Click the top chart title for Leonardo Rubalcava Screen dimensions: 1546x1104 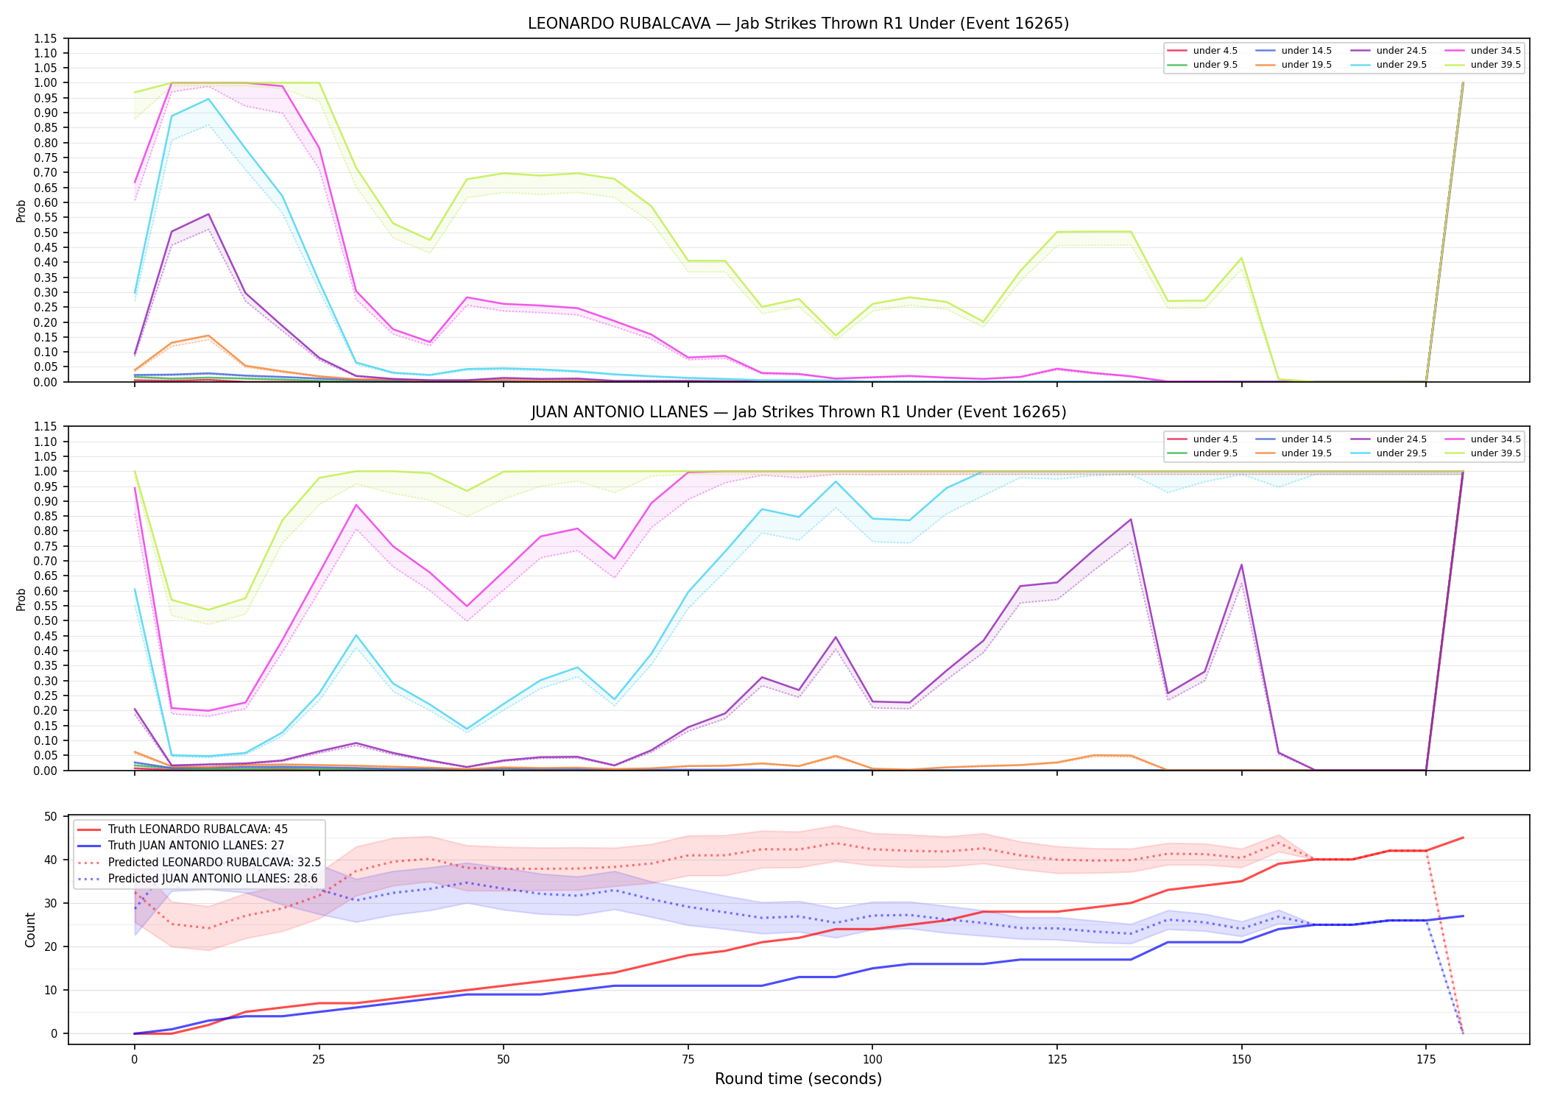point(798,24)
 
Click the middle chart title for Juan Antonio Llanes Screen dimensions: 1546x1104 point(798,412)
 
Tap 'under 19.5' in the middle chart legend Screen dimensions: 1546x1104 point(1306,453)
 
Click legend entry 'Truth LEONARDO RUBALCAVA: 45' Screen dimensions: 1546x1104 point(197,829)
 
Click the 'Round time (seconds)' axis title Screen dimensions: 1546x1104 point(798,1079)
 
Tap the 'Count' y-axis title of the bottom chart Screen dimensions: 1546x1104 point(30,930)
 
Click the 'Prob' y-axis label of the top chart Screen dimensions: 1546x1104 point(21,210)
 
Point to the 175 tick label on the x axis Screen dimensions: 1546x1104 point(1426,1060)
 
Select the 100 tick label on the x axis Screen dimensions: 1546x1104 point(872,1060)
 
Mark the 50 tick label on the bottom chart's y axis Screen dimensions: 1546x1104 point(51,816)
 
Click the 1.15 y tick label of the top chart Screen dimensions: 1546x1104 point(46,38)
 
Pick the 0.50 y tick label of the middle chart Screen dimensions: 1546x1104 point(46,621)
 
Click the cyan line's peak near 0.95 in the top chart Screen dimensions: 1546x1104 point(208,99)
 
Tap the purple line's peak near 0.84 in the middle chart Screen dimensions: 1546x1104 point(1131,520)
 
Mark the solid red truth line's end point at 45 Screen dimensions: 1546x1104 point(1463,838)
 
